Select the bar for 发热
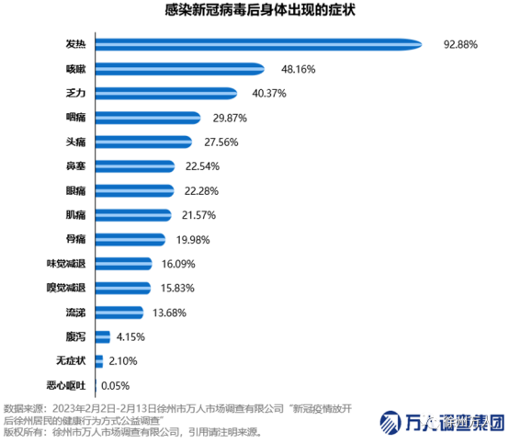(x=258, y=43)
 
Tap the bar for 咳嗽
(x=180, y=68)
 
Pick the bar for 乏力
(x=166, y=92)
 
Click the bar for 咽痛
(x=148, y=117)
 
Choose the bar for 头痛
(x=143, y=142)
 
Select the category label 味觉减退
(x=66, y=264)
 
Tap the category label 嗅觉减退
(x=66, y=288)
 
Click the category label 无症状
(x=71, y=361)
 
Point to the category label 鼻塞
(x=75, y=166)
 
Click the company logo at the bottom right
(x=442, y=424)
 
